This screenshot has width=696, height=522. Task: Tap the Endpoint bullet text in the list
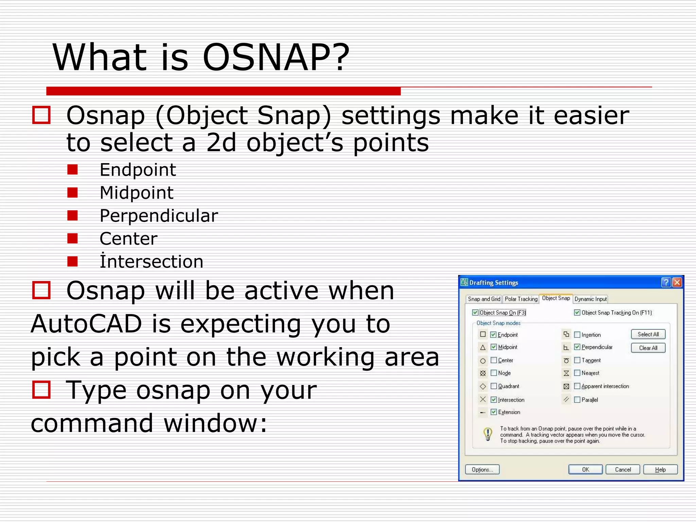[x=138, y=170]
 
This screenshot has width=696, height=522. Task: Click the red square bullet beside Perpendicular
[x=72, y=215]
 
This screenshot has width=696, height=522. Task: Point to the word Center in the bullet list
[x=128, y=239]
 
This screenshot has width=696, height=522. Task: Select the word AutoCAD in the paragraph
[x=86, y=324]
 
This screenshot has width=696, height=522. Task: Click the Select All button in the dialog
[x=648, y=334]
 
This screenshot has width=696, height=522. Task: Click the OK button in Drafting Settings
[x=585, y=470]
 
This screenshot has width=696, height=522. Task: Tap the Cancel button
[x=623, y=470]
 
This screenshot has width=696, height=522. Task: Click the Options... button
[x=482, y=470]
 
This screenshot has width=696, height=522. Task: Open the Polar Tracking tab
[x=521, y=299]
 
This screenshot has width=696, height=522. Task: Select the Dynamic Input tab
[x=590, y=299]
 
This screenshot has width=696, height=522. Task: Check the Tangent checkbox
[x=577, y=360]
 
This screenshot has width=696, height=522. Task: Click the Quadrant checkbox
[x=494, y=386]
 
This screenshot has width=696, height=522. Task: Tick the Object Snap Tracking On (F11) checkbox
[x=577, y=313]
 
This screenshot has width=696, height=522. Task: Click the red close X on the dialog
[x=677, y=282]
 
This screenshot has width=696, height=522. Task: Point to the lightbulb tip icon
[x=488, y=434]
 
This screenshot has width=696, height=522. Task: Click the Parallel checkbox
[x=577, y=400]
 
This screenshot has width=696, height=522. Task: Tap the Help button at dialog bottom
[x=660, y=470]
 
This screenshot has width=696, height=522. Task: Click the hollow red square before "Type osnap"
[x=41, y=389]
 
